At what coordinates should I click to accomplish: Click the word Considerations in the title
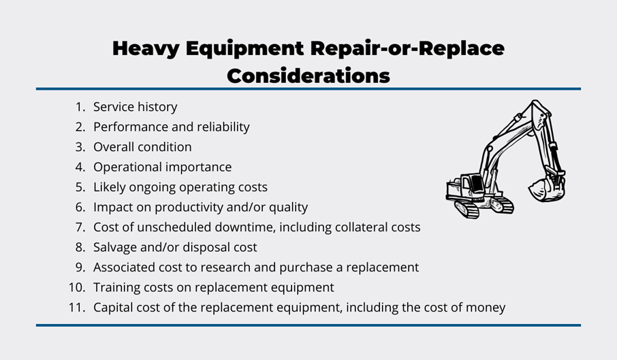coord(308,76)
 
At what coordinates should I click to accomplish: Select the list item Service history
coord(135,107)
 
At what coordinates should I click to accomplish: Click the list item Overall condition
coord(142,147)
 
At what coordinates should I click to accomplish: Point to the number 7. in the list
coord(80,227)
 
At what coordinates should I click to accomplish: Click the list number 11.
coord(77,308)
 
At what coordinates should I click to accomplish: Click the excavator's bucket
coord(546,189)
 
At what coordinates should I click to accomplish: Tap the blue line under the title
coord(308,89)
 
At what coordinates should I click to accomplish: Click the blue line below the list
coord(308,325)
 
